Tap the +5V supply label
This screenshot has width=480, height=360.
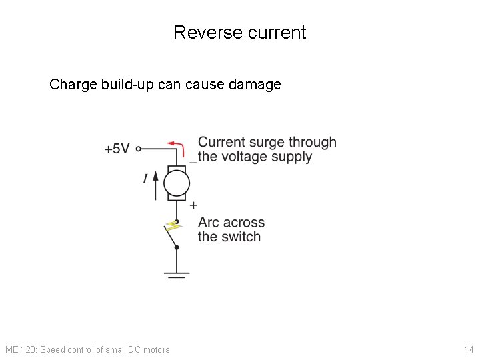tap(117, 149)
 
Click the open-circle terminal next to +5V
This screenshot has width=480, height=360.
tap(138, 149)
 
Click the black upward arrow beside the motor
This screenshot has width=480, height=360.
tap(156, 185)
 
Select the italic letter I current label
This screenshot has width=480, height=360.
tap(145, 179)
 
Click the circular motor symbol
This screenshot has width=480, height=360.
tap(177, 183)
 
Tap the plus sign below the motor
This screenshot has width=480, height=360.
tap(193, 205)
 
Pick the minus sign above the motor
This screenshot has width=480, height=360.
tap(193, 161)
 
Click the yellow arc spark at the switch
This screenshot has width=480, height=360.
tap(174, 227)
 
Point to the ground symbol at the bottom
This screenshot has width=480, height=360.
tap(177, 274)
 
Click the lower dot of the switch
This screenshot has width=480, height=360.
tap(177, 247)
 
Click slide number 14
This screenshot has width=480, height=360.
tap(469, 349)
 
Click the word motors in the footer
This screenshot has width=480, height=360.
tap(156, 349)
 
